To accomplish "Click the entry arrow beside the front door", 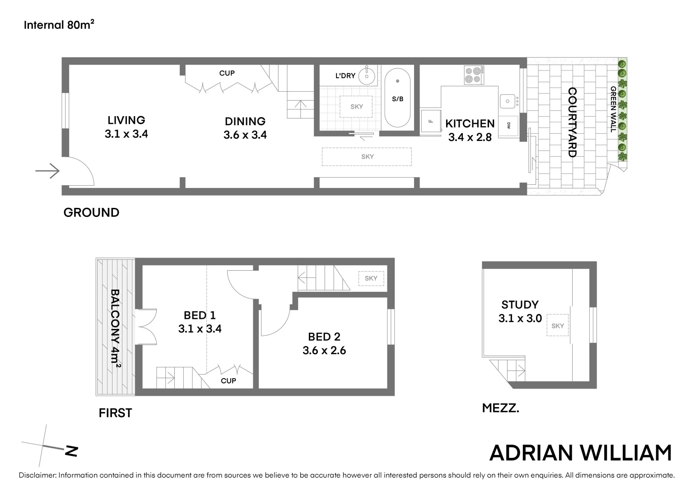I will tap(48, 171).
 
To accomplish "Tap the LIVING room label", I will tap(126, 120).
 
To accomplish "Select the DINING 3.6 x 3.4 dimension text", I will tap(245, 135).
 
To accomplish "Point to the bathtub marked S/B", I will tap(397, 99).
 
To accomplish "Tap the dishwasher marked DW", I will tap(509, 126).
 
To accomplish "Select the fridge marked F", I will tap(431, 121).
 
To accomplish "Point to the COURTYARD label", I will tap(572, 122).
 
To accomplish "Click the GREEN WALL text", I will tap(613, 109).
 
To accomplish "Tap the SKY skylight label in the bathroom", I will tap(356, 107).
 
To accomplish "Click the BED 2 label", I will tap(324, 337).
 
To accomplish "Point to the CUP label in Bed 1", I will tap(228, 381).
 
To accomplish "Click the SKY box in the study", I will tap(558, 326).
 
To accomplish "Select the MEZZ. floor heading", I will tap(500, 408).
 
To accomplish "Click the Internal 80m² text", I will tap(59, 25).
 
